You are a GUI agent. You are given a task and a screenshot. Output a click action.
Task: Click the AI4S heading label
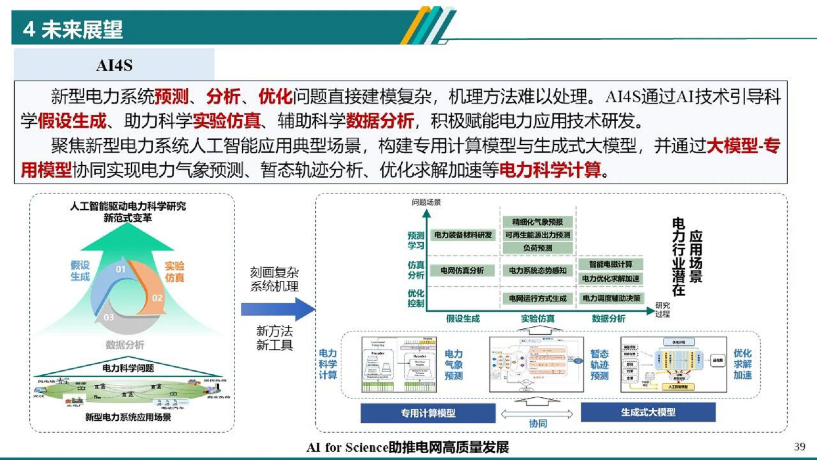click(x=114, y=65)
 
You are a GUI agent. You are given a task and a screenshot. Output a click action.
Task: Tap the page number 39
click(x=799, y=447)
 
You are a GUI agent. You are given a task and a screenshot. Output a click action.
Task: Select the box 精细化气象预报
click(x=537, y=222)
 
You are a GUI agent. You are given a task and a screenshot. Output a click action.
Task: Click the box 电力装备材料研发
click(x=463, y=235)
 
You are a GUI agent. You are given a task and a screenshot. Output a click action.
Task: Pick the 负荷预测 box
click(x=537, y=248)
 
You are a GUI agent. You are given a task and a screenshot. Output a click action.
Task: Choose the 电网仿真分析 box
click(x=462, y=271)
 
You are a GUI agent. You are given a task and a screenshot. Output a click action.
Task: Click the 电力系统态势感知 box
click(x=537, y=271)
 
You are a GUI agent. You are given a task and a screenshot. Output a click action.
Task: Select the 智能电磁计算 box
click(x=611, y=264)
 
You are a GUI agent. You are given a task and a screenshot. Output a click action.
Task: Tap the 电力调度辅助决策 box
click(x=612, y=298)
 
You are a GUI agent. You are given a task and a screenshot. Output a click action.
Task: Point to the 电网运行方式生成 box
click(x=537, y=299)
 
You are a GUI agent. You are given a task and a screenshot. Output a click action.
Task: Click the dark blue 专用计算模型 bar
click(x=428, y=413)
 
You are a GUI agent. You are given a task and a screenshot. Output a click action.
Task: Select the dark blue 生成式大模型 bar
click(x=648, y=412)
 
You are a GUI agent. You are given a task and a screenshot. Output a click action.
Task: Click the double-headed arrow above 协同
click(x=537, y=414)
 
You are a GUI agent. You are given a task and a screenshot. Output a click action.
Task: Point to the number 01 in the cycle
click(x=121, y=269)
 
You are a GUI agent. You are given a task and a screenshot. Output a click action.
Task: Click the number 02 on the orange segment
click(x=157, y=298)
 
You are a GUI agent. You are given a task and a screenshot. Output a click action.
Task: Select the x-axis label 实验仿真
click(x=537, y=319)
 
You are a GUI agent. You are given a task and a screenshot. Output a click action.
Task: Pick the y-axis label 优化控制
click(x=416, y=298)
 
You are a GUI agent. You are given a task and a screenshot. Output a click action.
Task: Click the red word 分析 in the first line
click(x=223, y=97)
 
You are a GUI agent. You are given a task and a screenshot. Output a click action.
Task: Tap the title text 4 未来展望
click(x=73, y=30)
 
